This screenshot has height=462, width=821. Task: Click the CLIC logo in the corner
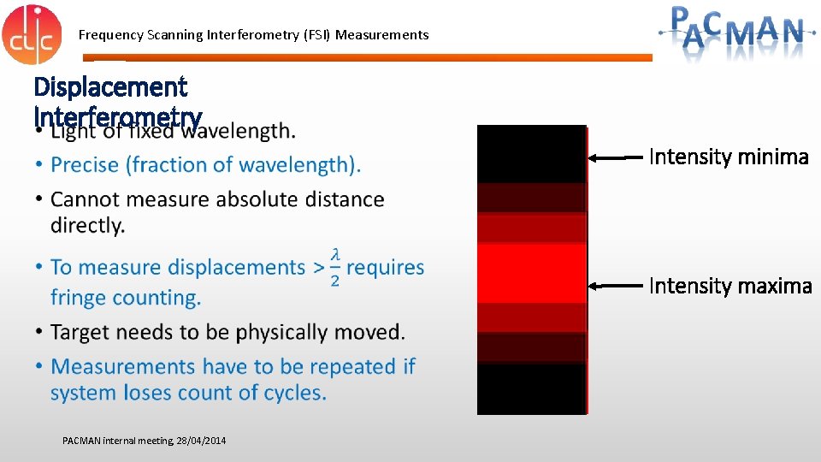coord(32,34)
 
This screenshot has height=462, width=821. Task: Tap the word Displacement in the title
coord(110,86)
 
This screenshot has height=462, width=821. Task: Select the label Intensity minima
coord(729,157)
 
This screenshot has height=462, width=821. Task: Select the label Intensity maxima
coord(730,286)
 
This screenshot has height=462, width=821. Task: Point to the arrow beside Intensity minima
coord(618,157)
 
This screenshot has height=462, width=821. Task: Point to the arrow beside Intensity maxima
coord(618,285)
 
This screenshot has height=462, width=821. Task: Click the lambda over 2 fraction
coord(335,268)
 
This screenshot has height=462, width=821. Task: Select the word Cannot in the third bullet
coord(86,199)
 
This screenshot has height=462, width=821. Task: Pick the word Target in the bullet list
coord(81,332)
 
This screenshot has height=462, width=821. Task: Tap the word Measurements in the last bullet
coord(137,367)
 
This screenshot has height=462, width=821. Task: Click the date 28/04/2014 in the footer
coord(201,441)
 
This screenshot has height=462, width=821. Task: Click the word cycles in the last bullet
coord(294,394)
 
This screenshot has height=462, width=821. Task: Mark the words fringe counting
coord(126,298)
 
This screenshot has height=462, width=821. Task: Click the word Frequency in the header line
coord(111,35)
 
